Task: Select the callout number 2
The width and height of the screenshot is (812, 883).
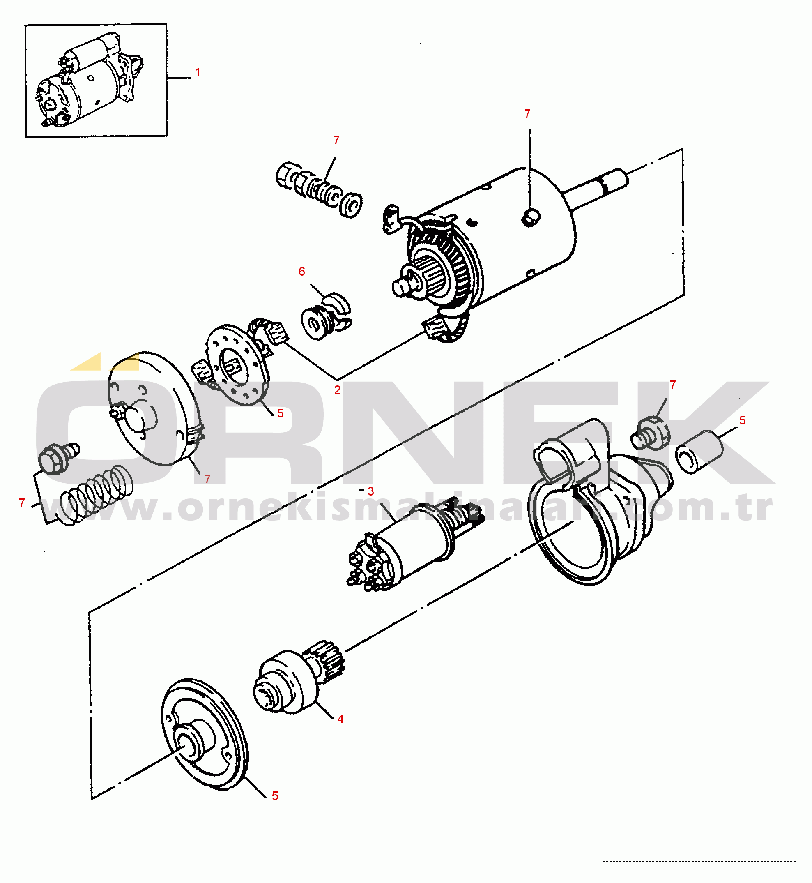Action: [337, 390]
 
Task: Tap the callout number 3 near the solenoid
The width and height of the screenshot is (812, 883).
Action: [371, 491]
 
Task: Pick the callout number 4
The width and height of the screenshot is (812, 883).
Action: [340, 719]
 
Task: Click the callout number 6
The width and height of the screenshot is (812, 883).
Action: [302, 272]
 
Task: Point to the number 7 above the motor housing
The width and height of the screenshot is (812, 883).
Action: [528, 114]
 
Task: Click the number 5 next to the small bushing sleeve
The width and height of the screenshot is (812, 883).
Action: [743, 420]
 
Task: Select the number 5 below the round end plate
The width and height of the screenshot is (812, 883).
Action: [275, 796]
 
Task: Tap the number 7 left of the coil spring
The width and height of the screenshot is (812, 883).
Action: [22, 503]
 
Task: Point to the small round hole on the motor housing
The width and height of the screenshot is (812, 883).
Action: [531, 217]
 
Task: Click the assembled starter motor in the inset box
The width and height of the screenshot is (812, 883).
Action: [90, 79]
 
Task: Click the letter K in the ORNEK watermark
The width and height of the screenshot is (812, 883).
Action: [703, 433]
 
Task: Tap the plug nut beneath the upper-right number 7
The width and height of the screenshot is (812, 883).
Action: [650, 434]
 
